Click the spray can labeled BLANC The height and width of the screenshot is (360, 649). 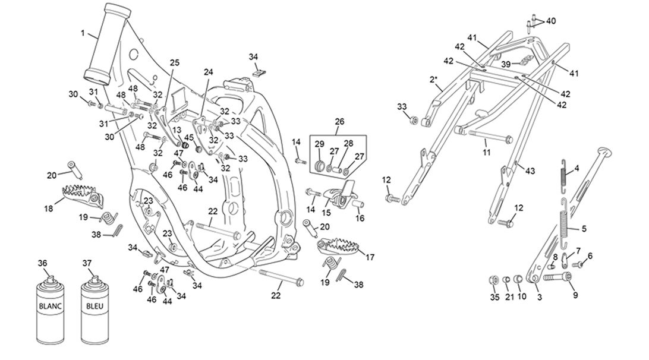pyautogui.click(x=50, y=310)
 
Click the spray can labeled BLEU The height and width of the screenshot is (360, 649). pyautogui.click(x=94, y=310)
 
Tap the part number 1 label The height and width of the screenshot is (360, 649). pyautogui.click(x=83, y=33)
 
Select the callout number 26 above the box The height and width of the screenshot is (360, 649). pyautogui.click(x=339, y=122)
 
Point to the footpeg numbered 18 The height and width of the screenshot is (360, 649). pyautogui.click(x=81, y=195)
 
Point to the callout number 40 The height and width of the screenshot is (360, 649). pyautogui.click(x=551, y=21)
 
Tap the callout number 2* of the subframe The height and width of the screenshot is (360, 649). pyautogui.click(x=434, y=78)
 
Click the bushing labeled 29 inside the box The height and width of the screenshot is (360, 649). pyautogui.click(x=320, y=166)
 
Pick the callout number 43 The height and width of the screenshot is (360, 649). pyautogui.click(x=530, y=171)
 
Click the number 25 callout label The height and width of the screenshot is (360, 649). pyautogui.click(x=175, y=63)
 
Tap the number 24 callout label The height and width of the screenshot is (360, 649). pyautogui.click(x=208, y=72)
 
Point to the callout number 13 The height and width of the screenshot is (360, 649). pyautogui.click(x=177, y=131)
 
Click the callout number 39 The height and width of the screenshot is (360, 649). pyautogui.click(x=506, y=64)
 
